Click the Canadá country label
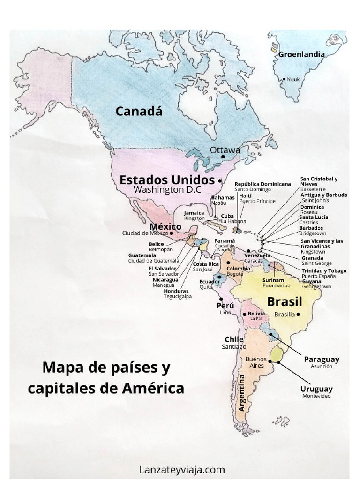(139, 111)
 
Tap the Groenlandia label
(301, 54)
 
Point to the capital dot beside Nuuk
(284, 79)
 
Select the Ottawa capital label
(225, 150)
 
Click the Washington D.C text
(167, 190)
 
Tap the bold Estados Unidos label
(167, 180)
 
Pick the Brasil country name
(285, 301)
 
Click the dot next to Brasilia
(298, 315)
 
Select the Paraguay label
(322, 359)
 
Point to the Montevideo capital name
(316, 396)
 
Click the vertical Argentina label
(242, 393)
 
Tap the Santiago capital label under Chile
(234, 347)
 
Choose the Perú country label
(225, 306)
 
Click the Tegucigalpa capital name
(178, 296)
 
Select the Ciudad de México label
(145, 233)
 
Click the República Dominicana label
(262, 184)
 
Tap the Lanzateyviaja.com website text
(182, 469)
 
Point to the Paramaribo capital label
(276, 285)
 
